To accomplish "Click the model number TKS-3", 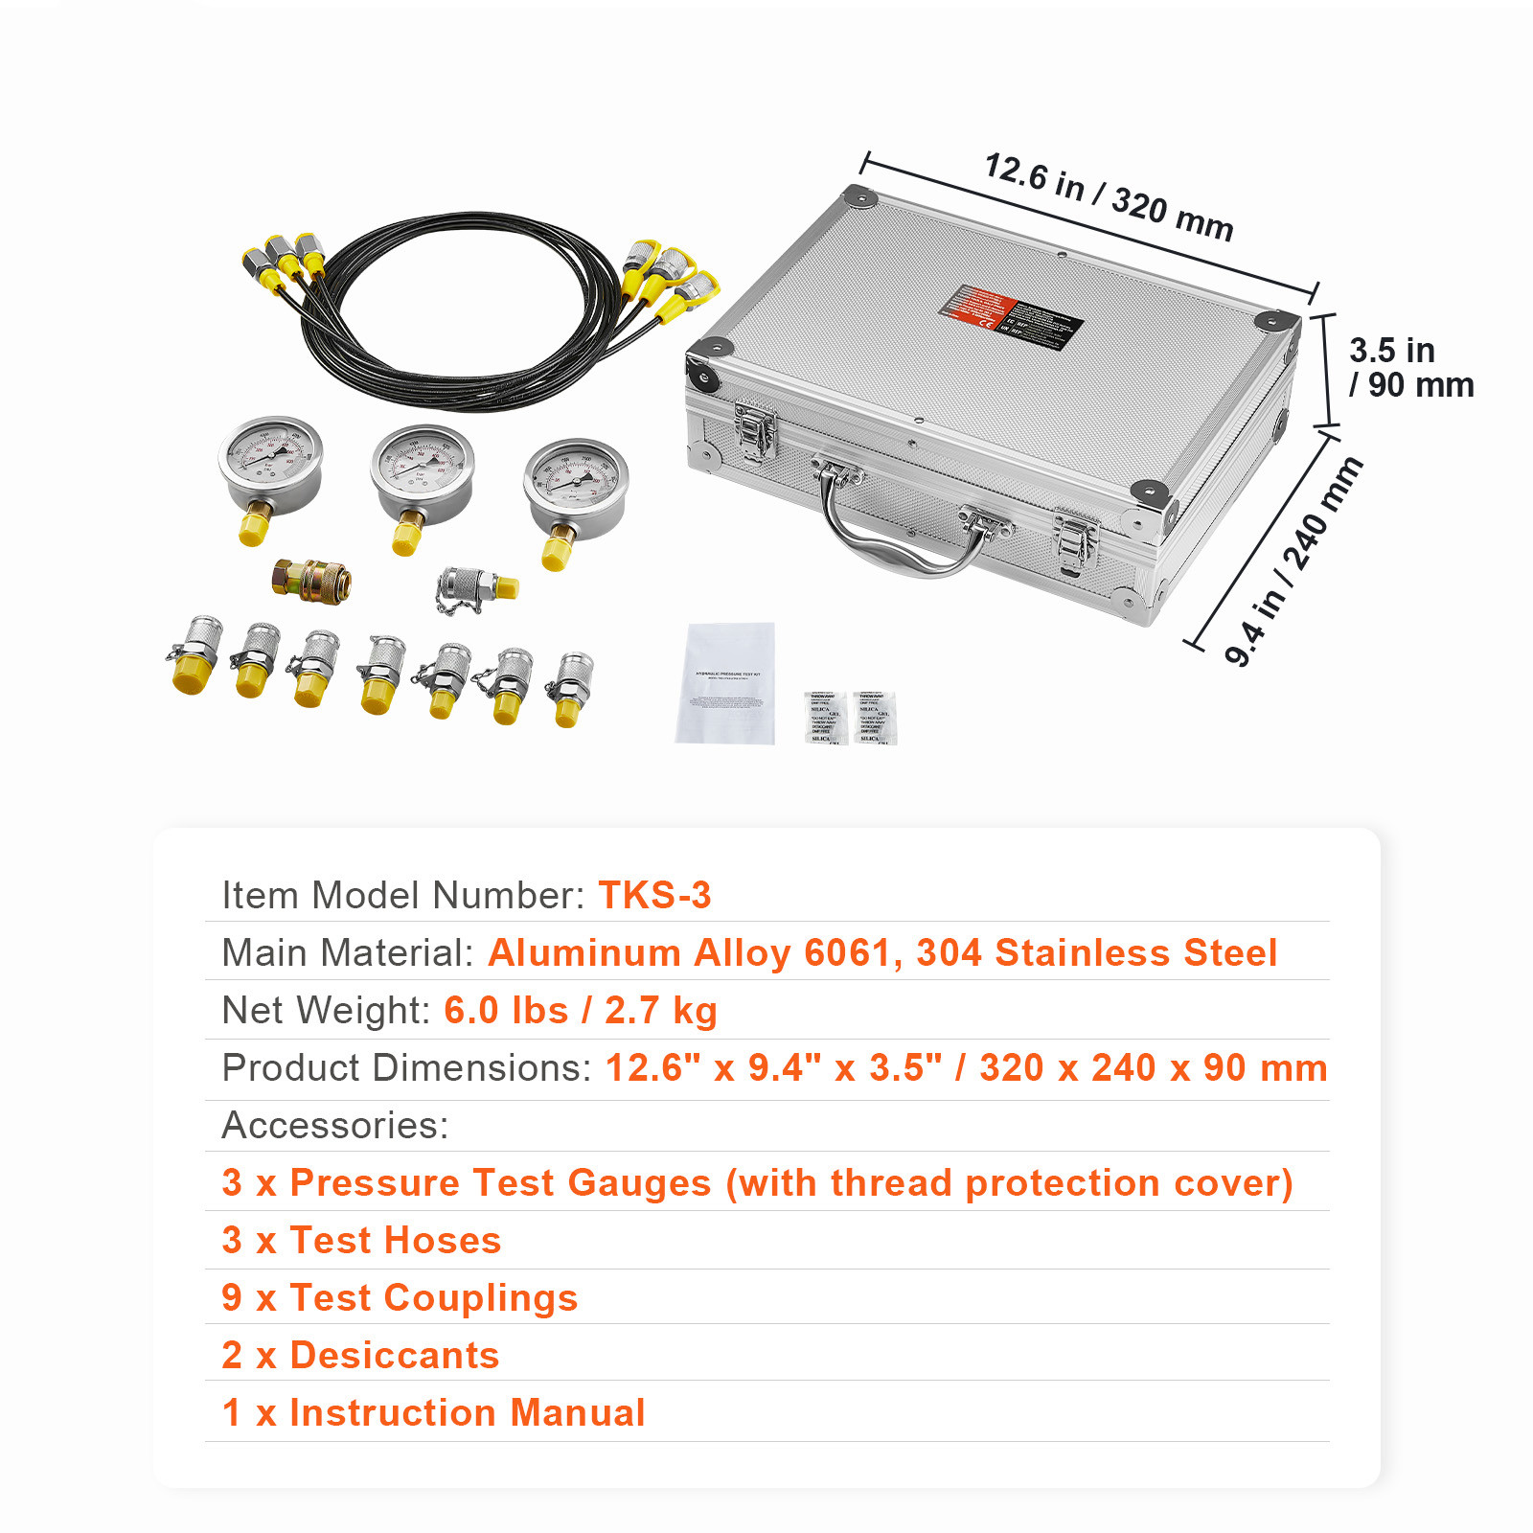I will [x=654, y=895].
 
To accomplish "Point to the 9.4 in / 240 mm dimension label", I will [x=1293, y=561].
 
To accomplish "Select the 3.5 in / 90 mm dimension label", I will [x=1409, y=367].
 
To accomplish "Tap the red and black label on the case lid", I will [x=1010, y=317].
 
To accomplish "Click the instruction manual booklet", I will [x=725, y=682].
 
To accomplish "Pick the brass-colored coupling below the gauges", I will [x=311, y=581].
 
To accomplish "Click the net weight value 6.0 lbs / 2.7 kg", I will [x=581, y=1010].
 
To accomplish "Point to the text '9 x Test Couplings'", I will [x=400, y=1297].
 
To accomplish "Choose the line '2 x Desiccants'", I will [x=360, y=1355].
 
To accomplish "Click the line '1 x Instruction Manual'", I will [x=433, y=1412].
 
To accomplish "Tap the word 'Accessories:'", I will [x=335, y=1125].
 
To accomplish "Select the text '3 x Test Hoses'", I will [x=361, y=1240].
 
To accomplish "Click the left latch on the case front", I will [x=755, y=431].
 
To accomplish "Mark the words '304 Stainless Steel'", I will [x=1096, y=952].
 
